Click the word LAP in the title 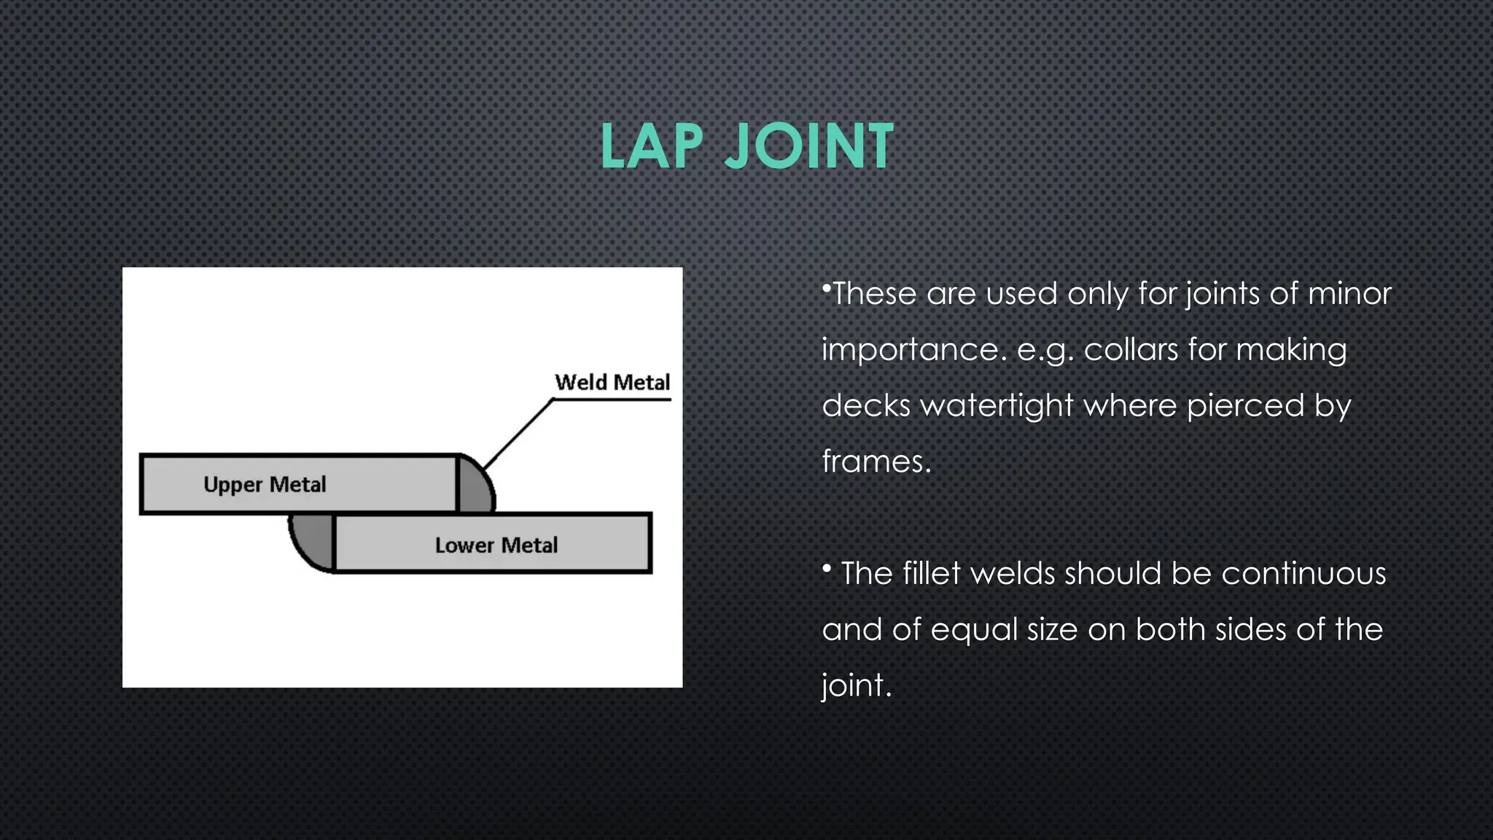[x=651, y=147]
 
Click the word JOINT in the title [x=808, y=147]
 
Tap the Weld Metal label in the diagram [x=612, y=383]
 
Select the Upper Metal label [x=265, y=485]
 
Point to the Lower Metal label [x=496, y=545]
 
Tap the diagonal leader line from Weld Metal [x=518, y=434]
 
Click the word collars [x=1131, y=350]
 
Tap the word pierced [x=1245, y=406]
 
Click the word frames [x=876, y=462]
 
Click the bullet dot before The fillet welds [x=827, y=568]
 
